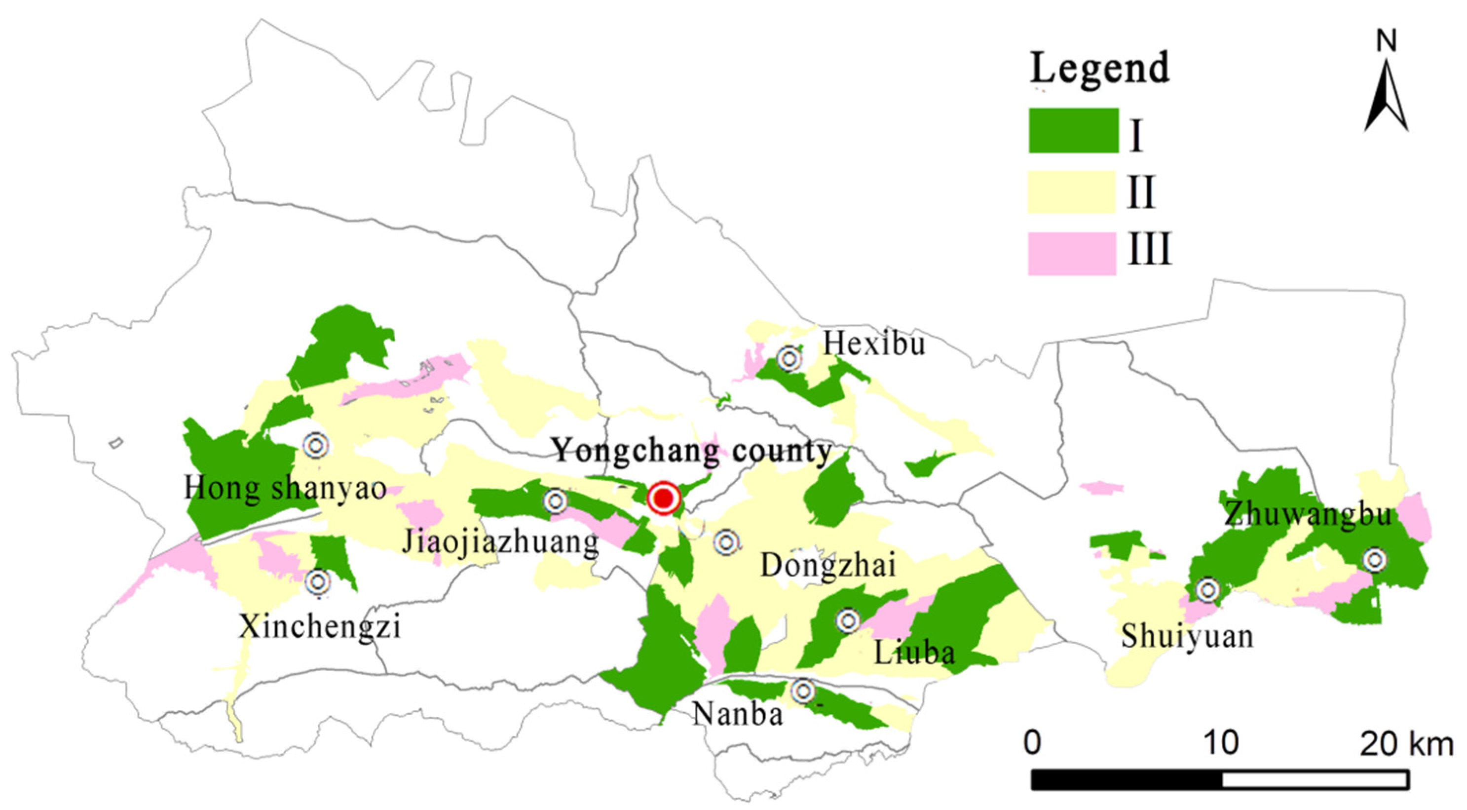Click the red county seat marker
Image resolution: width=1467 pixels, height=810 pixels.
pos(664,499)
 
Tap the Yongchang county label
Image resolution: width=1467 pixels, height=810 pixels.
pos(692,452)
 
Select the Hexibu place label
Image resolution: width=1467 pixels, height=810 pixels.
pos(874,344)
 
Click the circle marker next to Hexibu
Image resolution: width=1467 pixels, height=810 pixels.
pos(790,359)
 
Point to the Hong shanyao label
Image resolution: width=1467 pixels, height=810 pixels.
pos(285,489)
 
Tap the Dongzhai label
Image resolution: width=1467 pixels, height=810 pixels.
pos(828,566)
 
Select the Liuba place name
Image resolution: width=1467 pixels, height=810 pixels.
pos(914,653)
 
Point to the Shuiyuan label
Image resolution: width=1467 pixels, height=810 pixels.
pos(1187,636)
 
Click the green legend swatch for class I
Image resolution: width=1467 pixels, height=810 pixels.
pos(1074,130)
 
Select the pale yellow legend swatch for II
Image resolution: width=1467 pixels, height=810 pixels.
pos(1071,193)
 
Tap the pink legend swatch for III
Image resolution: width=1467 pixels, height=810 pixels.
pos(1071,254)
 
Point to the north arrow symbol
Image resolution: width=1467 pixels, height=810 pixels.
pos(1386,94)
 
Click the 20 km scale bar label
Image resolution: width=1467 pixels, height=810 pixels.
pos(1407,744)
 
